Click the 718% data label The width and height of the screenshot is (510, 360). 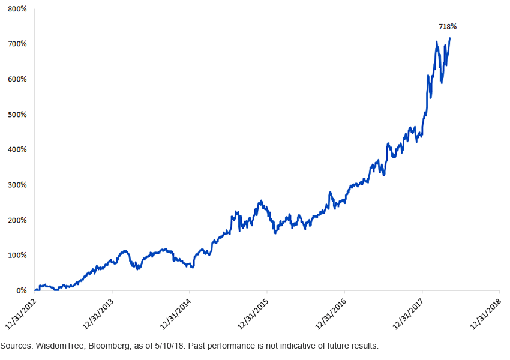point(448,27)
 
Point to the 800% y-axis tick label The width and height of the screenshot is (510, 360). point(17,9)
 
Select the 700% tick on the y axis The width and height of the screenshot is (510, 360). point(17,44)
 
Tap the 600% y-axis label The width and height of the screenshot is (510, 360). point(17,79)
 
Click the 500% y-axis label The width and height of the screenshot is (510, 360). point(17,115)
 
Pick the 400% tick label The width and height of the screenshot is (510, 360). point(17,149)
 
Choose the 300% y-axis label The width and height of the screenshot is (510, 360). point(17,185)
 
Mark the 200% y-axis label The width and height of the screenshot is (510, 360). point(17,220)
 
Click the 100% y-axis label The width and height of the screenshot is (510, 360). point(17,255)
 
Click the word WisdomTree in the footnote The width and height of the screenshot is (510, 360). point(58,346)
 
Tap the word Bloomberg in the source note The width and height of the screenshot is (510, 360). point(106,346)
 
